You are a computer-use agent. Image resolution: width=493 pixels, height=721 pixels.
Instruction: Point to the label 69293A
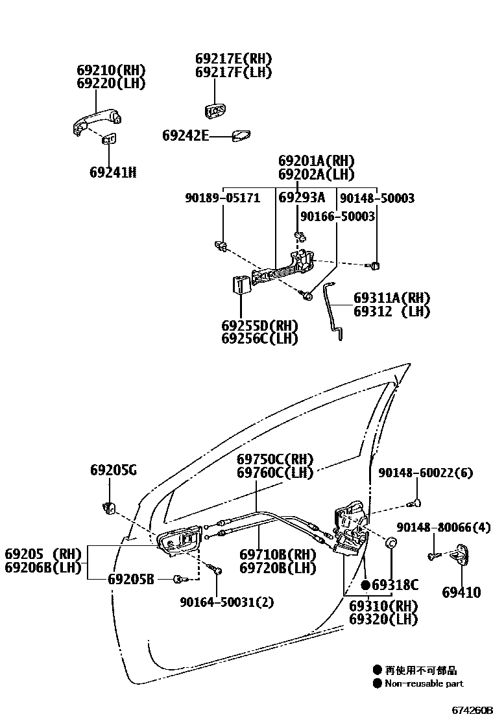(302, 198)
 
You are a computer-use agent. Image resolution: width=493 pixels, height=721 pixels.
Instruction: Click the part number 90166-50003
(337, 217)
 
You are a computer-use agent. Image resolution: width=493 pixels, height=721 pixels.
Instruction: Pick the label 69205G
(114, 471)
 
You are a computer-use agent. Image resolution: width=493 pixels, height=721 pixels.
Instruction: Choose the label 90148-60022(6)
(426, 473)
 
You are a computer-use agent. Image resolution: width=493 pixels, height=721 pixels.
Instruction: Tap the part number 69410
(461, 592)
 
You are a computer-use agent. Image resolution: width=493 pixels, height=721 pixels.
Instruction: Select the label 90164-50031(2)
(227, 602)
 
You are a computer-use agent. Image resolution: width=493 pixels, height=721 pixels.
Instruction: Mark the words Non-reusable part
(424, 683)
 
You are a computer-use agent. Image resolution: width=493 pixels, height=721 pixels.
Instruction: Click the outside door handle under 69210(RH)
(96, 123)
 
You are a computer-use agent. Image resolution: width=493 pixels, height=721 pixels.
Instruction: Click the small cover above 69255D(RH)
(241, 285)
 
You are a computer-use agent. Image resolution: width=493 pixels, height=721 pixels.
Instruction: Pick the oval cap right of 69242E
(242, 136)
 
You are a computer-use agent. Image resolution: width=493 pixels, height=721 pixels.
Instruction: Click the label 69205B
(131, 579)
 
